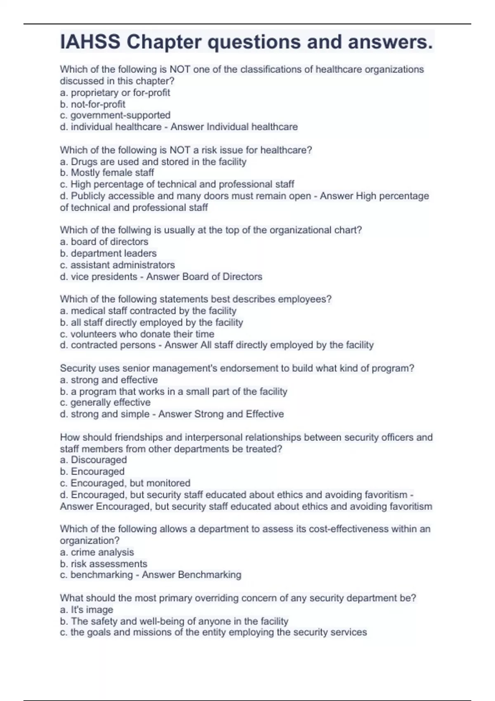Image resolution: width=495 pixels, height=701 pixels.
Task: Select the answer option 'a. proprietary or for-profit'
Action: tap(115, 93)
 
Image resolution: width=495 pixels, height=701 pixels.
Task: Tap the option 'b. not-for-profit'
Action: tap(92, 104)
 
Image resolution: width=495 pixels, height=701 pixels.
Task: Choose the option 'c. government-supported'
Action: tap(115, 115)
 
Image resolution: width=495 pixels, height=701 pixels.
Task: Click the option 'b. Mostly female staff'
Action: tap(107, 173)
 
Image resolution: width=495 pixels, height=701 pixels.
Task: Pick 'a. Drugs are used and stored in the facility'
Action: tap(153, 162)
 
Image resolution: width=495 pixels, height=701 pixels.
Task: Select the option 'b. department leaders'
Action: tap(108, 253)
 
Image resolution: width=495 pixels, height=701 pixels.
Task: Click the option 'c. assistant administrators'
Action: tap(117, 265)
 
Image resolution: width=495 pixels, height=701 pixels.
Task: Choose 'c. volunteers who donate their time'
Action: tap(137, 334)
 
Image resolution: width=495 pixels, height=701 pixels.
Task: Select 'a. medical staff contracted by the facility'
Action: tap(148, 311)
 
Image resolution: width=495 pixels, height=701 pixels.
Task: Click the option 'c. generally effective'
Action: tap(105, 402)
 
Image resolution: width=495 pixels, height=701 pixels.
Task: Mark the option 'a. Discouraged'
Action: tap(93, 460)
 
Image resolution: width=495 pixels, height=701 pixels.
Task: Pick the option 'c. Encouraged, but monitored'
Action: tap(125, 483)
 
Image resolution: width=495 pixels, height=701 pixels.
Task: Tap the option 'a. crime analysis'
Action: tap(97, 552)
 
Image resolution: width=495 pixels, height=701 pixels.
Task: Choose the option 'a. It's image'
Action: tap(87, 609)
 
